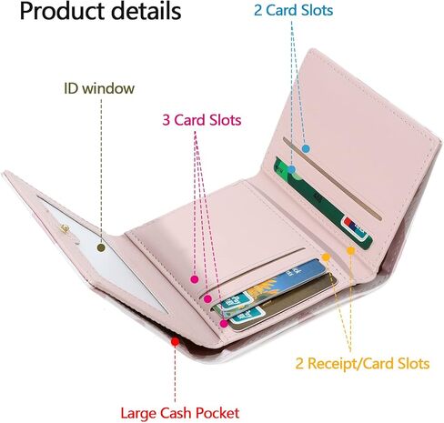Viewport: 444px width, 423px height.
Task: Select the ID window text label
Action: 99,88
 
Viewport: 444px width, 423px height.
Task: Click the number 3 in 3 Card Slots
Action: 166,120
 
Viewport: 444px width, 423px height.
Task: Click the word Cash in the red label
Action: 177,413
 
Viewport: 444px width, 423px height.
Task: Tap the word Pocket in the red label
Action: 217,413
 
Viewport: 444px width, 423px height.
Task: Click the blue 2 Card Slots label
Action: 293,10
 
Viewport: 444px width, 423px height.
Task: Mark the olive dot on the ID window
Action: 101,247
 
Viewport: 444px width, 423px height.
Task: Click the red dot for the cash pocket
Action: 175,342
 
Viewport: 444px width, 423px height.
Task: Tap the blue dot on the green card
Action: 291,169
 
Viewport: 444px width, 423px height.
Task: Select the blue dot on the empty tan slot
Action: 306,148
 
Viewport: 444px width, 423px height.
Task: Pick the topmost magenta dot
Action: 195,279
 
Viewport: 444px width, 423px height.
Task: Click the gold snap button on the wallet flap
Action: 65,228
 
